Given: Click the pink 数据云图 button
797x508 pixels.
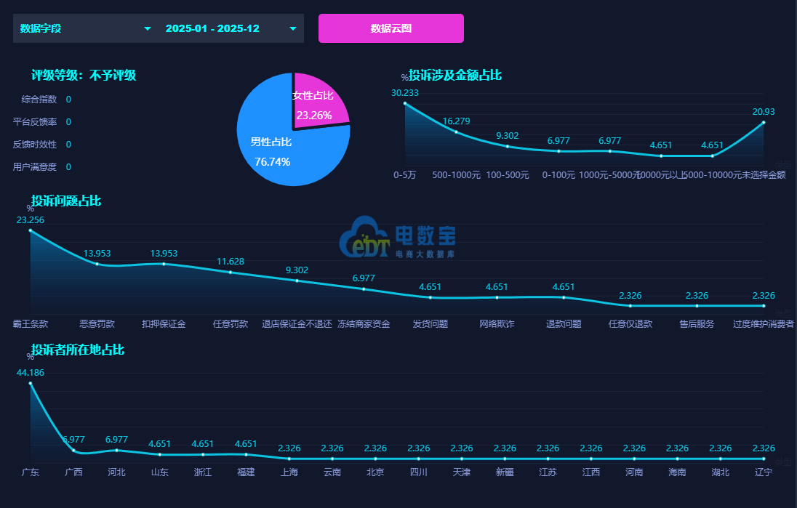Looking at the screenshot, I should click(391, 28).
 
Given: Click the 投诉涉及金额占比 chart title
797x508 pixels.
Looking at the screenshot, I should click(454, 75).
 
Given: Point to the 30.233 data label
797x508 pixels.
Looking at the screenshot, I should click(405, 92).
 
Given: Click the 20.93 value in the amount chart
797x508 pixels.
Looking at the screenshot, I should click(764, 111).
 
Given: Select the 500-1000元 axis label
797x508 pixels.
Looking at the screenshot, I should click(456, 174).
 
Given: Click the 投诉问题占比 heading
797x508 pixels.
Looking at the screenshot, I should click(66, 201).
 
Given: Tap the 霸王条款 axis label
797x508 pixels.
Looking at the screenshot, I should click(31, 323).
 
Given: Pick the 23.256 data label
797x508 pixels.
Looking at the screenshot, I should click(31, 219).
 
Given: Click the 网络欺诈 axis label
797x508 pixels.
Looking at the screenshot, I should click(497, 323).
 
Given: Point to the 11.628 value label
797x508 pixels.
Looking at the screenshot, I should click(231, 262).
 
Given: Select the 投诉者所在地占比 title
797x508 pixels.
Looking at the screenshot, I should click(78, 350).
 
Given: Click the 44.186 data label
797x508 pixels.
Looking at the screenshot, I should click(31, 372).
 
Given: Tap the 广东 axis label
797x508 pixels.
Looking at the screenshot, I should click(31, 472).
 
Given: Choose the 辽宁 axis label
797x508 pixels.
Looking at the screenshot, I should click(764, 472).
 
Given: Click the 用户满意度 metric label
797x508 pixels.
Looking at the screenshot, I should click(35, 166).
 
